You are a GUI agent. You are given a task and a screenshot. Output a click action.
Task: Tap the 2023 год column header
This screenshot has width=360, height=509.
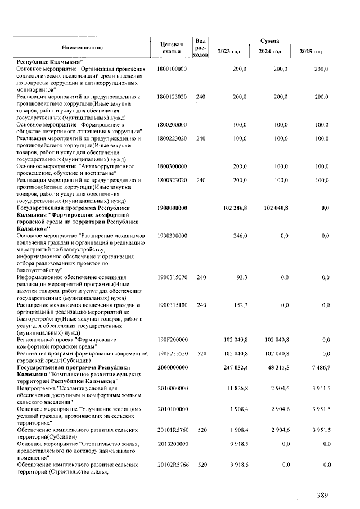tap(229, 52)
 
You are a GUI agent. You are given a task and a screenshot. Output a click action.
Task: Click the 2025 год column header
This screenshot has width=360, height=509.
tap(310, 52)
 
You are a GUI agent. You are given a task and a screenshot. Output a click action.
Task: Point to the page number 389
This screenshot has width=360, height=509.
tap(322, 495)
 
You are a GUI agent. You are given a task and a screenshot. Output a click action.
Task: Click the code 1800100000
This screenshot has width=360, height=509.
tap(172, 68)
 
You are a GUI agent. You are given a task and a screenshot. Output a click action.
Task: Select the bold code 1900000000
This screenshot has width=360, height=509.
tap(173, 208)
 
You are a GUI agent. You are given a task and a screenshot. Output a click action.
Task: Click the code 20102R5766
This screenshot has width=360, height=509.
tap(172, 465)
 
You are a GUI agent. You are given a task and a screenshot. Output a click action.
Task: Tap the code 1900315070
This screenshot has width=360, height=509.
tap(172, 277)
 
